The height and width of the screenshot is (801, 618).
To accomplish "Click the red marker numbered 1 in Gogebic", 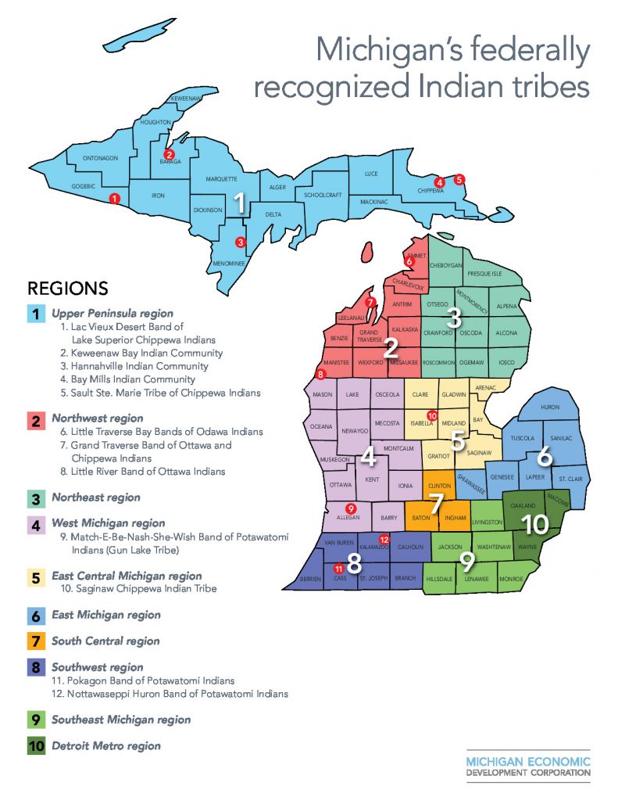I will (x=116, y=199).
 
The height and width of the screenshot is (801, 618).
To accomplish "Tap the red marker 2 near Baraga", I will (x=168, y=155).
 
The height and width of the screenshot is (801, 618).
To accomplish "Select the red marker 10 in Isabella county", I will (x=430, y=416).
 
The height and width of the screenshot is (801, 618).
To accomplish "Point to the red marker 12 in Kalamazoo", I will (x=384, y=540).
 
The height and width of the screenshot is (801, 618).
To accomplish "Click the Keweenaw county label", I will (x=188, y=99).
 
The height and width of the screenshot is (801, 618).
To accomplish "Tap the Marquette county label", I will (x=221, y=179).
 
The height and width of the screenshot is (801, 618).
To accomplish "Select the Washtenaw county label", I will (x=494, y=547).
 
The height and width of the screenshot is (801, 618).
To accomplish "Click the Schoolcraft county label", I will (x=323, y=195).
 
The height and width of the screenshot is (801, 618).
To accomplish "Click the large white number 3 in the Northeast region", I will (x=454, y=318).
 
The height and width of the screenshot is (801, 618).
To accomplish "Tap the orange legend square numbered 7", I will (x=36, y=641).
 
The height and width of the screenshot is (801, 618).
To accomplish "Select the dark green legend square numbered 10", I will (x=36, y=745).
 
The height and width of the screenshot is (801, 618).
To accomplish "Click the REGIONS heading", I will (x=67, y=288).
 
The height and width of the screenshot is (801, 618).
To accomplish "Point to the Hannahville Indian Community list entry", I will (x=134, y=366).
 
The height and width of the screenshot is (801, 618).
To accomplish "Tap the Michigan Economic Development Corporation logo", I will (x=528, y=767).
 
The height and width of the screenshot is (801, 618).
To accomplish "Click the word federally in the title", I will (x=524, y=51).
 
